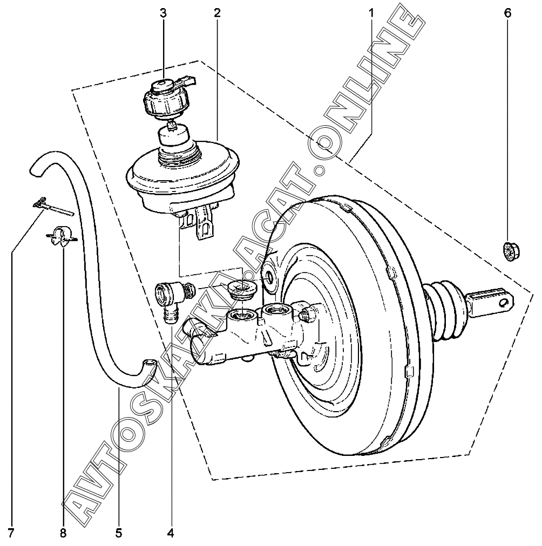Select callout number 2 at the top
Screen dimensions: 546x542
216,13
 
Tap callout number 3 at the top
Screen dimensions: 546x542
163,13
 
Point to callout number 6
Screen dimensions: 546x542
507,13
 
